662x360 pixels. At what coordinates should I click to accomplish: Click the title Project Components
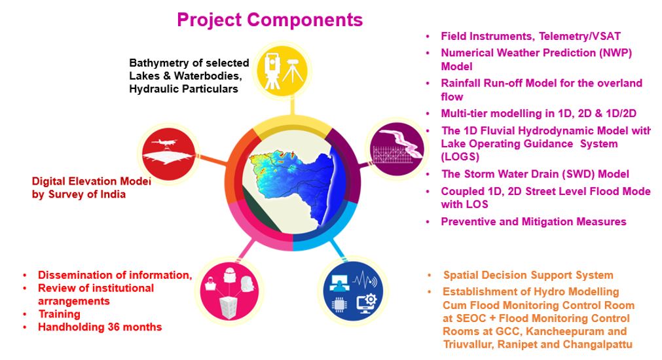coord(270,20)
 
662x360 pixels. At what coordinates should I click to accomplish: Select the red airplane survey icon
coord(169,154)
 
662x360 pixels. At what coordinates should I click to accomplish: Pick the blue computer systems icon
coord(353,291)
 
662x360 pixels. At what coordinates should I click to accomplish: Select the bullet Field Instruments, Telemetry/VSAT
coord(530,36)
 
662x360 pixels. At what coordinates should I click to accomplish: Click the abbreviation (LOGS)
coord(460,157)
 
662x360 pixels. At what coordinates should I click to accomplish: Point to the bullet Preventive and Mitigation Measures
coord(534,222)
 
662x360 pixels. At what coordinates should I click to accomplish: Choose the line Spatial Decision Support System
coord(528,275)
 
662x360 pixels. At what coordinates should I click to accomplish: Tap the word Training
coord(59,314)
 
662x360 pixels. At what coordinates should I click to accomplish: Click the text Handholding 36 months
coord(100,327)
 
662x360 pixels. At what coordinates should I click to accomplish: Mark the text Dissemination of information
coord(115,275)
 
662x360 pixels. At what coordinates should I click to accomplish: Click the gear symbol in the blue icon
coord(370,300)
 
